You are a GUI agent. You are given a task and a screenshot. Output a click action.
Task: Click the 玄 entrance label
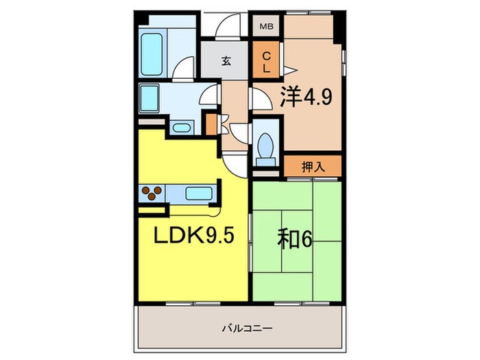point(226,61)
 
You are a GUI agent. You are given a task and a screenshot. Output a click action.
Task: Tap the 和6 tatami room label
point(296,240)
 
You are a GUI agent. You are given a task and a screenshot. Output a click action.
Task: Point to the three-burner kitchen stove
point(152,193)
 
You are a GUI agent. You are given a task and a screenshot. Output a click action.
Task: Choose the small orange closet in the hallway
point(211,123)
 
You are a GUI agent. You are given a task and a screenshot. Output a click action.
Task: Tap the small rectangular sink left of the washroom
point(149,94)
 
